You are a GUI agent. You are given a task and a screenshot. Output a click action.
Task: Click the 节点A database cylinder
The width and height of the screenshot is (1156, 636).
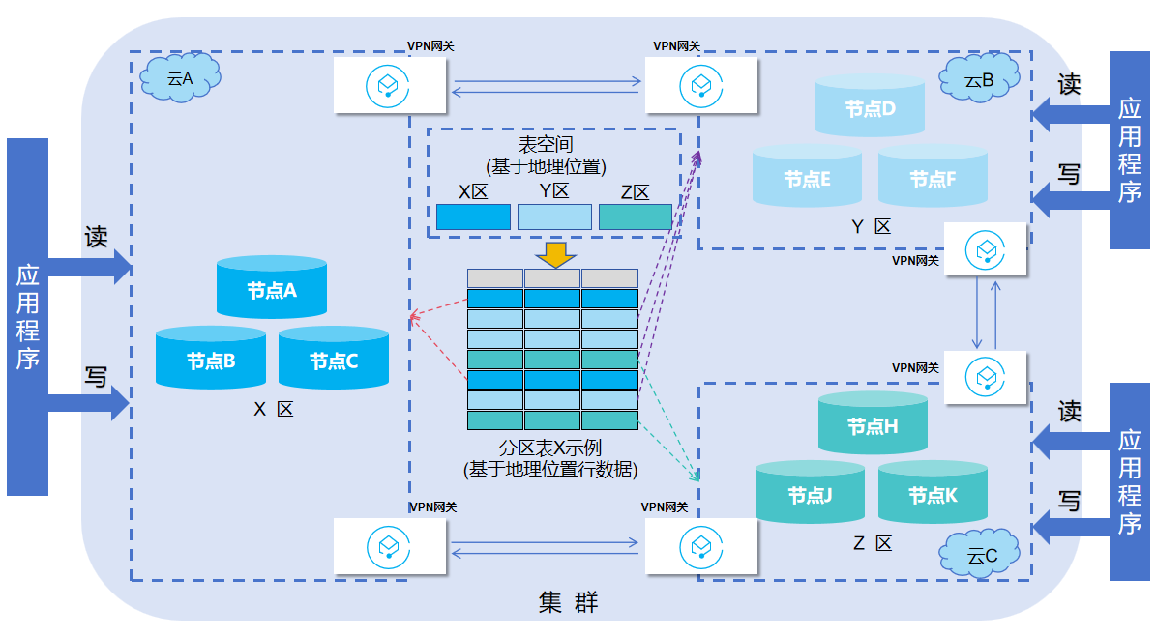pos(271,288)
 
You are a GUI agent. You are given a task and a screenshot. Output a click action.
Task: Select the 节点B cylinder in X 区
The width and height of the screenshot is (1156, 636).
pos(211,359)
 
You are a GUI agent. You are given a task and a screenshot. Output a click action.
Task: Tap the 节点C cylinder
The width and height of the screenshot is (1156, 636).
pos(334,359)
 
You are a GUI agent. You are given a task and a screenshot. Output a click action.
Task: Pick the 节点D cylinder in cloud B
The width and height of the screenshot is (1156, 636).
pos(870,106)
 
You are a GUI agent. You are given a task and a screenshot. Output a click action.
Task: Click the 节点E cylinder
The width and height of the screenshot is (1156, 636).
pos(807,177)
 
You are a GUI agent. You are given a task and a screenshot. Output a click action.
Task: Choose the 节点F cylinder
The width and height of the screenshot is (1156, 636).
pos(933,177)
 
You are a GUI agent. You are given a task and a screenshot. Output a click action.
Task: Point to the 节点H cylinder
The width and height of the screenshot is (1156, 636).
pos(873,423)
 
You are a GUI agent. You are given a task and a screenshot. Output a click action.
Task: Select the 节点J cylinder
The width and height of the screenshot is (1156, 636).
pos(810,493)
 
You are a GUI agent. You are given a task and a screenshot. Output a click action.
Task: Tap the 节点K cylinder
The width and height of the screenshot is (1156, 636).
pos(933,493)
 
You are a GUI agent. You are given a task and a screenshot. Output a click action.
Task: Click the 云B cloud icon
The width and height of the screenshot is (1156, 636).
pos(979,80)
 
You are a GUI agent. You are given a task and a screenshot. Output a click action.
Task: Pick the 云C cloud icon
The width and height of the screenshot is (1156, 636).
pos(981,556)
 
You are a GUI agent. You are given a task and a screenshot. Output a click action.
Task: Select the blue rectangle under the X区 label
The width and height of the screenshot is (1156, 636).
pos(473,217)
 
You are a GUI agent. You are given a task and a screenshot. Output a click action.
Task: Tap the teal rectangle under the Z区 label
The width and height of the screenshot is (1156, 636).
pos(635,217)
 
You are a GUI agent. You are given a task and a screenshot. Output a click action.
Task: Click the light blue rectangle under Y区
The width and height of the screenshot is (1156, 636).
pos(554,217)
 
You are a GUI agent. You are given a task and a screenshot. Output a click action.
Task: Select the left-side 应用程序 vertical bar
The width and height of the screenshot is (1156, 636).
pos(27,316)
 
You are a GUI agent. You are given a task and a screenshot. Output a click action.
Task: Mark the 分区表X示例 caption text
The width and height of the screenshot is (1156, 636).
pos(550,448)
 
